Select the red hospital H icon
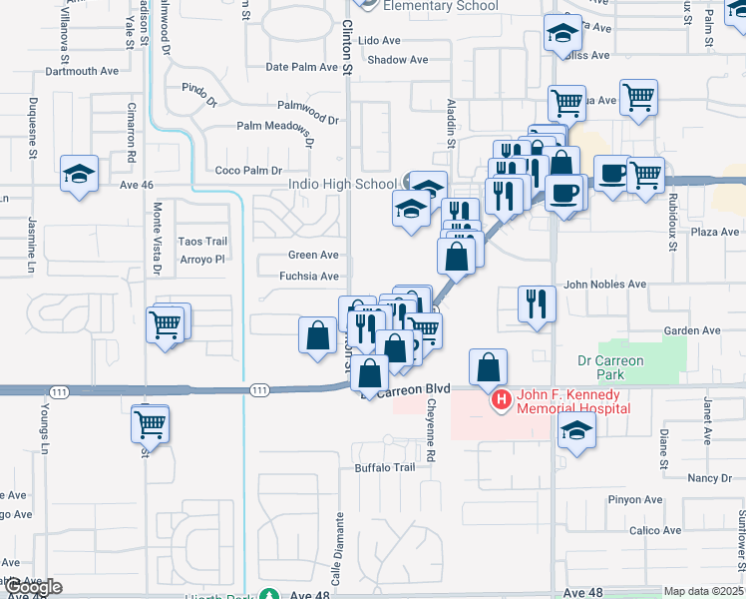[x=502, y=400]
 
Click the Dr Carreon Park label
[x=611, y=367]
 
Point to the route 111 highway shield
[x=260, y=388]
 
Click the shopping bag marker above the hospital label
[x=489, y=367]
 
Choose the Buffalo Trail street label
[x=384, y=467]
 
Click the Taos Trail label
[x=203, y=242]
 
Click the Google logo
[x=32, y=587]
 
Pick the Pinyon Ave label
[x=639, y=500]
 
